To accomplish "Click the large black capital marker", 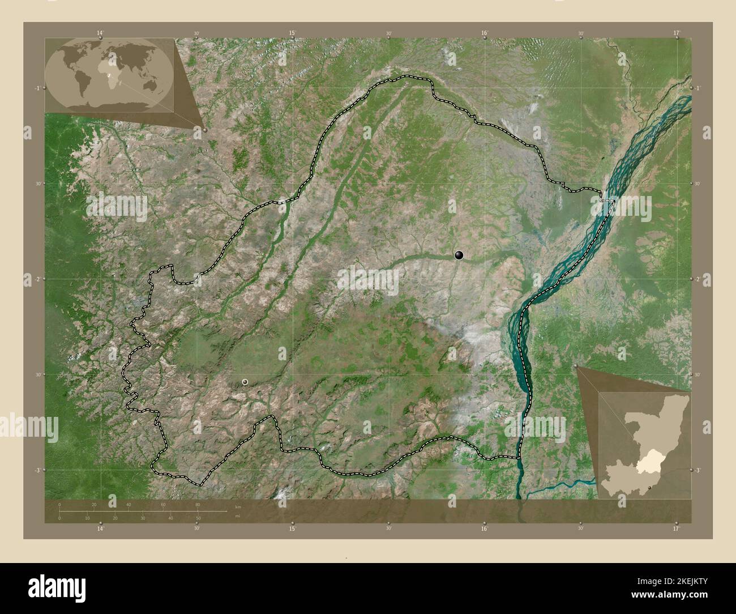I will [x=459, y=255].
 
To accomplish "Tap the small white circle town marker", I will [x=245, y=382].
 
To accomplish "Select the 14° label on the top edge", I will [x=100, y=33].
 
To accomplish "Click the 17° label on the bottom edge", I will [x=677, y=529].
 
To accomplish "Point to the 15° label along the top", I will [x=292, y=33].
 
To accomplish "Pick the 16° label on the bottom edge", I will [x=485, y=529].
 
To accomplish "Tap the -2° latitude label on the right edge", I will [x=698, y=279].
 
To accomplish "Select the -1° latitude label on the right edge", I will [x=698, y=88].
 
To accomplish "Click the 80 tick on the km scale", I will [x=198, y=504].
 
